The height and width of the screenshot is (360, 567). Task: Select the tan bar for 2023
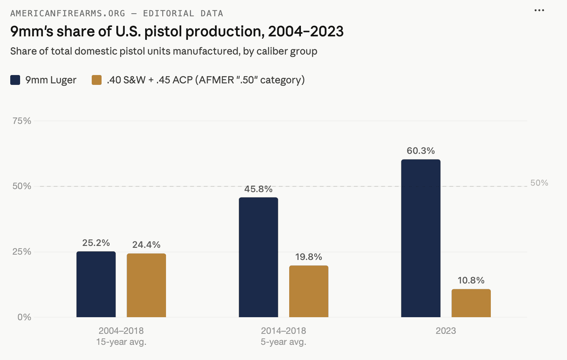pos(471,303)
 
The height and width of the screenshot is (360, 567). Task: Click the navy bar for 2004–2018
pos(96,284)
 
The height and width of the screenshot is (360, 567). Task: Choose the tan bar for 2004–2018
pos(146,285)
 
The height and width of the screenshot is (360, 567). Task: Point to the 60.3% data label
pos(421,151)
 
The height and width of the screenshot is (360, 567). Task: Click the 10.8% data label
pos(471,280)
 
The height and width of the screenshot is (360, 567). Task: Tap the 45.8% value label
pos(258,189)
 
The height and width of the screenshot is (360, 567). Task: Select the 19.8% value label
pos(309,257)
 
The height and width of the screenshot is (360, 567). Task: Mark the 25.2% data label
pos(96,243)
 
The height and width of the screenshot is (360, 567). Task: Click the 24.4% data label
pos(146,245)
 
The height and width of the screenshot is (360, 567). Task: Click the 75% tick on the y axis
pos(22,121)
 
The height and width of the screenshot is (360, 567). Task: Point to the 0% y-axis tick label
pos(24,317)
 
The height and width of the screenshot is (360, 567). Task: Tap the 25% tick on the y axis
pos(22,252)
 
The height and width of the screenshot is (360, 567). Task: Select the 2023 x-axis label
pos(446,331)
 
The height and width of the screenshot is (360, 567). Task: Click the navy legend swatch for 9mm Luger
pos(15,80)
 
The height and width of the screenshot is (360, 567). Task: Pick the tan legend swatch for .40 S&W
pos(97,80)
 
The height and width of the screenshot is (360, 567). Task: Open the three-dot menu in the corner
pos(539,10)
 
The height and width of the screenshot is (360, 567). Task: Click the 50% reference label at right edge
pos(539,183)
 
